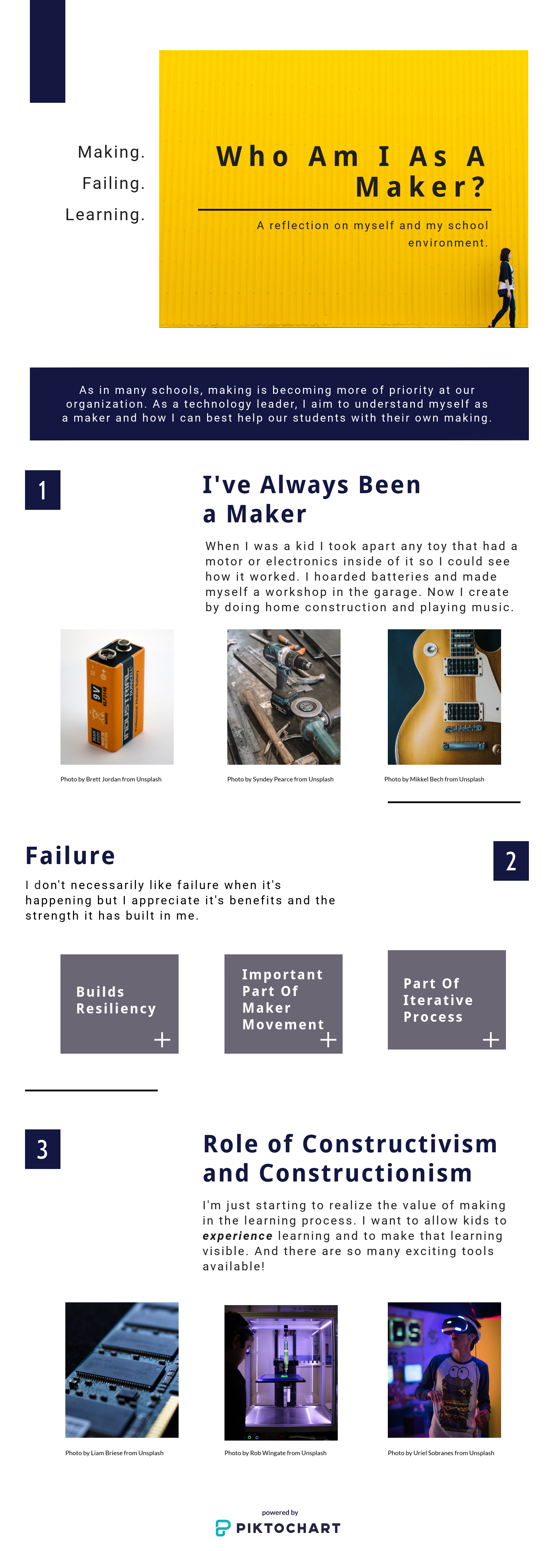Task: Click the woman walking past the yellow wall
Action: pos(504,288)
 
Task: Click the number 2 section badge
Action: pos(511,861)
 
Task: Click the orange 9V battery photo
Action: pos(117,697)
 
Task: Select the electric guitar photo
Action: pos(444,697)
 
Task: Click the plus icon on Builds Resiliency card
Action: pos(162,1040)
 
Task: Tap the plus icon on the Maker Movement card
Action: pos(328,1040)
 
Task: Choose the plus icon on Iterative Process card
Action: pos(491,1040)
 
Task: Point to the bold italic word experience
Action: pos(237,1236)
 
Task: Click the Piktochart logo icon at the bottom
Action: pos(223,1528)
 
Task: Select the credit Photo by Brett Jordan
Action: pos(111,779)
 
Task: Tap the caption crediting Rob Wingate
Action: pos(275,1453)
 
